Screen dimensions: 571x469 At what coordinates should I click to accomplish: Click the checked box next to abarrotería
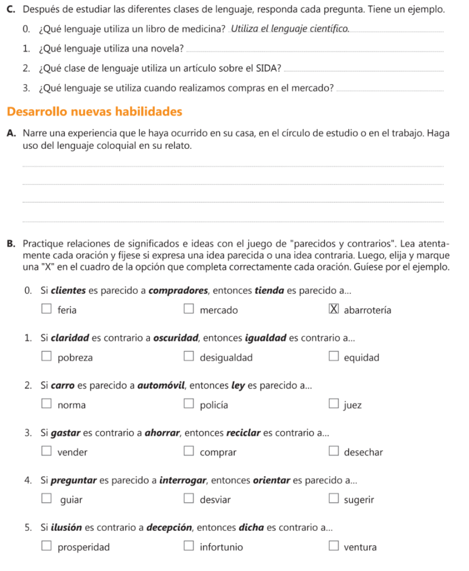333,310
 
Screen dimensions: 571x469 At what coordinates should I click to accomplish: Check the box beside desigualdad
190,357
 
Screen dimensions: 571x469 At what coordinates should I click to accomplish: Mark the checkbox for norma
47,405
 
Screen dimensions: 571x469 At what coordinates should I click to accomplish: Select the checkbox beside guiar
47,500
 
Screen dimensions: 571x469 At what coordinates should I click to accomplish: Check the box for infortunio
190,547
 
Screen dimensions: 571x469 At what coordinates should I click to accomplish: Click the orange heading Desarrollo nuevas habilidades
95,112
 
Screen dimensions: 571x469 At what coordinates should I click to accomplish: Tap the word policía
213,405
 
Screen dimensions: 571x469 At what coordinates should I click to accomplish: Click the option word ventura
360,548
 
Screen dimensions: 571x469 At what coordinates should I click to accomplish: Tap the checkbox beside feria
47,310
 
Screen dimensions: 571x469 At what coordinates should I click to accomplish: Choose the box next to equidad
333,357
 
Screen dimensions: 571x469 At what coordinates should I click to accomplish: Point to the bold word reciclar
244,433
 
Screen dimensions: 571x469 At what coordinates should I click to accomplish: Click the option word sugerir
359,500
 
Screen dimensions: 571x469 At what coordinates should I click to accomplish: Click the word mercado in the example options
219,311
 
